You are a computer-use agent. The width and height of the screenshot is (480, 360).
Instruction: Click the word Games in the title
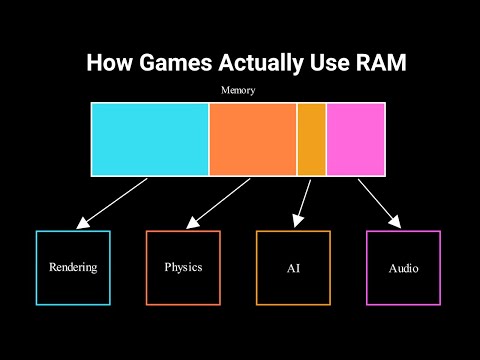[x=162, y=63]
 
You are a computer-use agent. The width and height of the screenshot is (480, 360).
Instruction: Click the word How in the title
[x=107, y=63]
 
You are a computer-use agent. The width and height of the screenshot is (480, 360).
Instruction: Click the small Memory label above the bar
[x=238, y=91]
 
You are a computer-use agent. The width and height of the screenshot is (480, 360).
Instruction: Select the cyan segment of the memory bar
[x=150, y=139]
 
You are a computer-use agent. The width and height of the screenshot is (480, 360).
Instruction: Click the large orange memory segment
[x=253, y=139]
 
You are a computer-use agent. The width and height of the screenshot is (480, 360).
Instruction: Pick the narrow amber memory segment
[x=311, y=139]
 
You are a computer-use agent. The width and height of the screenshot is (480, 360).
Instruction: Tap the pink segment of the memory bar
[x=355, y=139]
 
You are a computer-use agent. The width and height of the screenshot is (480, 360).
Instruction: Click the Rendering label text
[x=73, y=268]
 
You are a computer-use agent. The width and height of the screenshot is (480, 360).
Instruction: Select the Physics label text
[x=183, y=268]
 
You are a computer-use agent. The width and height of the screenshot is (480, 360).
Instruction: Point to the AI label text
[x=293, y=269]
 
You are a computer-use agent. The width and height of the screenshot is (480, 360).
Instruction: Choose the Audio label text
[x=403, y=269]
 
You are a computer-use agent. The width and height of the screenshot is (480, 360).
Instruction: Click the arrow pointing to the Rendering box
[x=112, y=202]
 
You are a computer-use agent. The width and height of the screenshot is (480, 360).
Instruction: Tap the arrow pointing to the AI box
[x=301, y=202]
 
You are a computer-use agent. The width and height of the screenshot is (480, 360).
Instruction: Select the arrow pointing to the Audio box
[x=380, y=202]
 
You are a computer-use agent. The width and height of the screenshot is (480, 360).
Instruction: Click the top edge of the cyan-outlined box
[x=73, y=231]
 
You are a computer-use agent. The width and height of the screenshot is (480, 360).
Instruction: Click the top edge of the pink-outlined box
[x=403, y=231]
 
